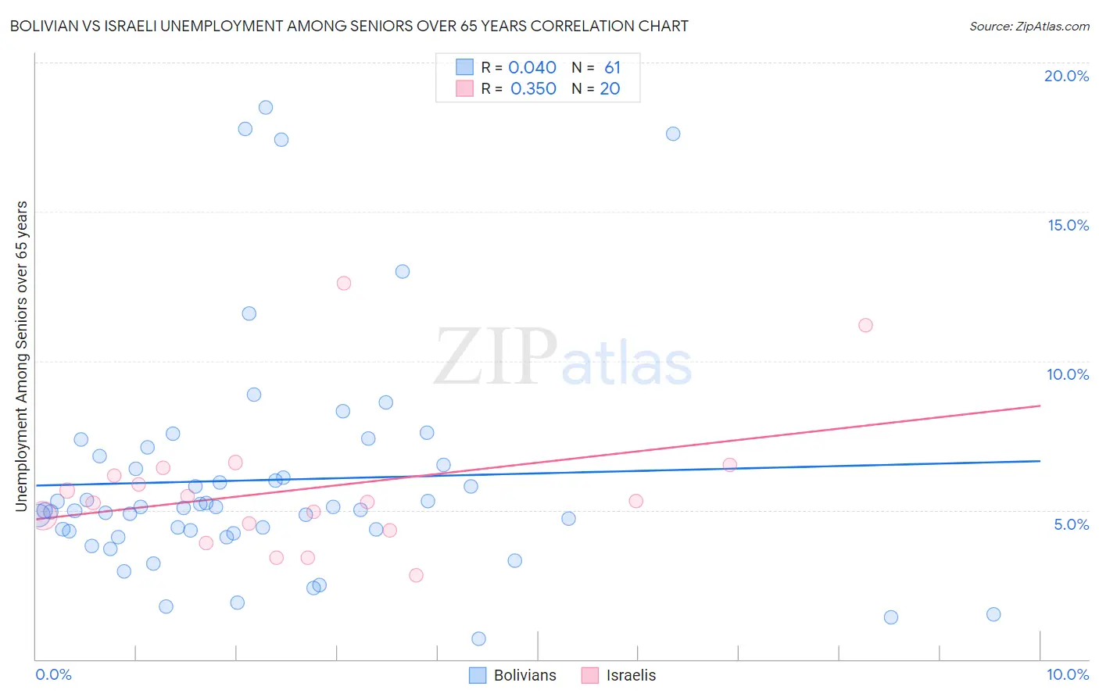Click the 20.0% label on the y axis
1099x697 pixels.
coord(1066,76)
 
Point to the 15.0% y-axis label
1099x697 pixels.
coord(1068,225)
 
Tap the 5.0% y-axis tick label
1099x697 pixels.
coord(1071,524)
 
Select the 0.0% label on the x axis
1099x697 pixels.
coord(53,674)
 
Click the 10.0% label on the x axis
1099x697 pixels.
coord(1067,674)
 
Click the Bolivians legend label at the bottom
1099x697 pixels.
coord(524,675)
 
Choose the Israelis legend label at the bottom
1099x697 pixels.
coord(631,675)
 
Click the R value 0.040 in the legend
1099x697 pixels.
coord(532,68)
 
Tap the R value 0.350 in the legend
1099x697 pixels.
coord(533,89)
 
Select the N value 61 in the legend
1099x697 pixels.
coord(612,68)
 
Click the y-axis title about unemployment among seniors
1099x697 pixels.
coord(22,356)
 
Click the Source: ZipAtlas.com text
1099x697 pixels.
coord(1029,27)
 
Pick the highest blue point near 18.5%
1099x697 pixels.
coord(266,108)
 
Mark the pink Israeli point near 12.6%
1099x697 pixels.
coord(344,284)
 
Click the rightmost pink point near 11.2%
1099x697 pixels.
coord(865,325)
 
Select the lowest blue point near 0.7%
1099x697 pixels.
coord(479,639)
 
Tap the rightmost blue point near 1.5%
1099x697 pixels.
coord(993,614)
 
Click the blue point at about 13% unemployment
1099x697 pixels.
coord(403,272)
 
